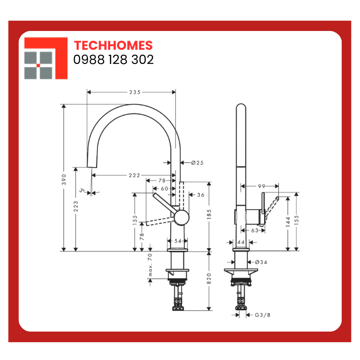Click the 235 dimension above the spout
pyautogui.click(x=135, y=92)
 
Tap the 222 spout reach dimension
pyautogui.click(x=135, y=175)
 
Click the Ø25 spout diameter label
pyautogui.click(x=197, y=162)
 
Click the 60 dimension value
pyautogui.click(x=164, y=188)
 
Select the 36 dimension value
pyautogui.click(x=201, y=194)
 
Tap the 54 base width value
pyautogui.click(x=178, y=241)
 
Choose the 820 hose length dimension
pyautogui.click(x=209, y=279)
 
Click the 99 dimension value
pyautogui.click(x=262, y=186)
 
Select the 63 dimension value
pyautogui.click(x=255, y=230)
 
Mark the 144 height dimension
pyautogui.click(x=288, y=220)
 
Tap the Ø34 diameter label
pyautogui.click(x=261, y=262)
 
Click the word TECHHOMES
pyautogui.click(x=113, y=46)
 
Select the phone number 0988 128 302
pyautogui.click(x=114, y=60)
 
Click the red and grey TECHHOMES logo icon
pyautogui.click(x=46, y=58)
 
